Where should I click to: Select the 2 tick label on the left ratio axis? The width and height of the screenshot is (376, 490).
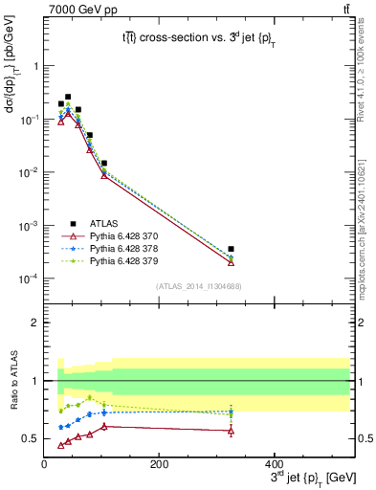coord(35,323)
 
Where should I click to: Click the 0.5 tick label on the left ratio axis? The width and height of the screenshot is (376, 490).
coord(31,438)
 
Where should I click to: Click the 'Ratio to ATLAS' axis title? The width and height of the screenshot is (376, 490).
coord(12,383)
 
